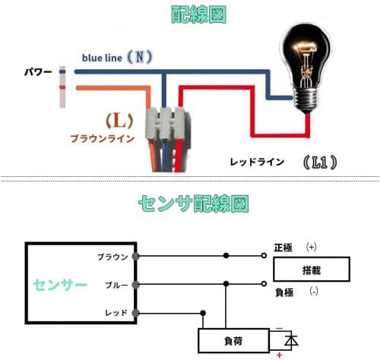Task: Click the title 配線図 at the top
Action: [x=198, y=15]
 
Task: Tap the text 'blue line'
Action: [x=102, y=58]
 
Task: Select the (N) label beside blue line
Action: [x=140, y=57]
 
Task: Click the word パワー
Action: [x=38, y=72]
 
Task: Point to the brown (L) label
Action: [x=119, y=121]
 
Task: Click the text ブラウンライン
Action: [x=102, y=139]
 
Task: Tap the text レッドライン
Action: [x=257, y=162]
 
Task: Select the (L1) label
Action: [x=320, y=163]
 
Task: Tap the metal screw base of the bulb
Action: [x=306, y=101]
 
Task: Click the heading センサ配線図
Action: [x=193, y=204]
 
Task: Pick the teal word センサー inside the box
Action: [x=60, y=285]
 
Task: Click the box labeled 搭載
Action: [x=312, y=270]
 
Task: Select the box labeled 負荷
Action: [x=233, y=341]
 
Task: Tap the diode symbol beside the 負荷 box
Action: [x=291, y=341]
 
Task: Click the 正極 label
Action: [x=283, y=248]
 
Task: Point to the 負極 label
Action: [x=284, y=292]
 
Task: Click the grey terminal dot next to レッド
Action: [x=136, y=313]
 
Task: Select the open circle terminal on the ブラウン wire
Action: [x=264, y=256]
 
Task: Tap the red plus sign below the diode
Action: [x=280, y=355]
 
